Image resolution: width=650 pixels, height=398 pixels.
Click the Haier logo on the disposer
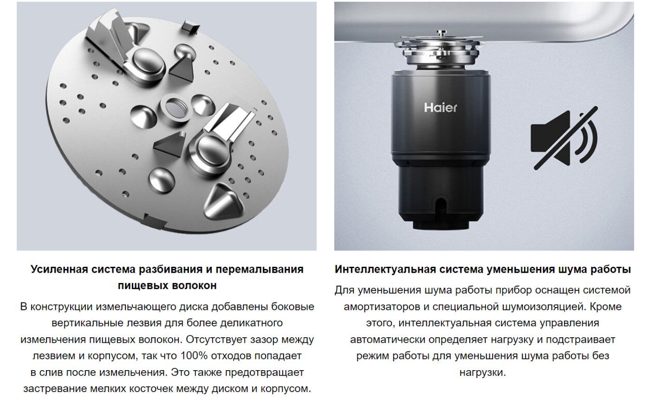pos(440,108)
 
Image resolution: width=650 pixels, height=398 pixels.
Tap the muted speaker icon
pos(564,139)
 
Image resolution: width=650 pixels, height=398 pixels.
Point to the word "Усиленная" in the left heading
pos(59,270)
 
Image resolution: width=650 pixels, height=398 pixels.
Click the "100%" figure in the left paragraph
pos(194,356)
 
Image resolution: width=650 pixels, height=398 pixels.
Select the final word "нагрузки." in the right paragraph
pos(482,372)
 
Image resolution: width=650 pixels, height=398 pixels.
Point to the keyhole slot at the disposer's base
pos(441,205)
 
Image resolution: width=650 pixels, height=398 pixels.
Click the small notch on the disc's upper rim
pos(190,26)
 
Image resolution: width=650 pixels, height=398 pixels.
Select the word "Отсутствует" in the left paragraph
pos(216,340)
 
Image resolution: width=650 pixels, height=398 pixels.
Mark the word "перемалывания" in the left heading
pos(260,270)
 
